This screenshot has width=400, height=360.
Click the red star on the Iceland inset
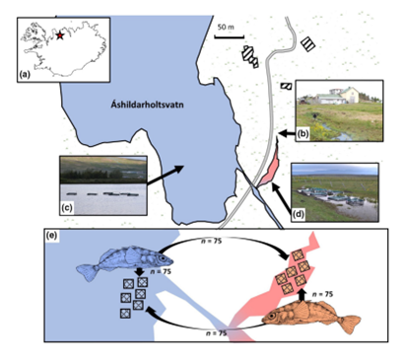tap(59, 36)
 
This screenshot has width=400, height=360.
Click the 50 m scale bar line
tap(230, 36)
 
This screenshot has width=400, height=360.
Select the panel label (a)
tap(25, 75)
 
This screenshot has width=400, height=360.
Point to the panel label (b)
tap(302, 134)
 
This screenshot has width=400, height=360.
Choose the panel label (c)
tap(68, 208)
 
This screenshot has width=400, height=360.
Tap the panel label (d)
tap(299, 215)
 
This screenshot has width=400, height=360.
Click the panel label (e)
tap(52, 236)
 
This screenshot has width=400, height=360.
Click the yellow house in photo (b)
tap(351, 95)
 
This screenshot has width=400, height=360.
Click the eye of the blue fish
tap(163, 258)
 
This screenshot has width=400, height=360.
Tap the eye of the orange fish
tap(272, 317)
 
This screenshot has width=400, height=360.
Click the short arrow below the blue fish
tap(139, 271)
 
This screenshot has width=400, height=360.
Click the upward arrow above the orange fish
tap(302, 295)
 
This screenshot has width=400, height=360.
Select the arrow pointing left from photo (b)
tap(287, 133)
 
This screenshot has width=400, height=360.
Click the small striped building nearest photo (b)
tap(286, 86)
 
